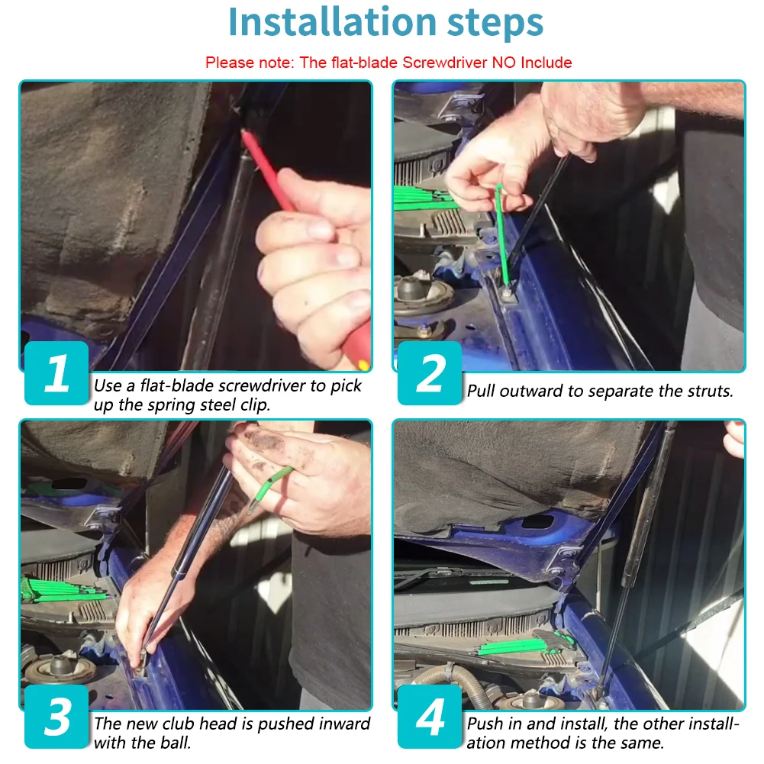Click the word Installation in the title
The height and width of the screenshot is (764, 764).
pos(332,22)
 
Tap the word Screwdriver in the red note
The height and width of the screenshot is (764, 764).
pos(445,63)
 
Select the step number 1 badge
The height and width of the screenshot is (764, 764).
pos(56,372)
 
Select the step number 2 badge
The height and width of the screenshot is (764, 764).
pos(430,372)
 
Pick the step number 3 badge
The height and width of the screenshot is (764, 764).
pos(56,716)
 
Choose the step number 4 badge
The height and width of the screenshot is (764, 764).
pos(430,716)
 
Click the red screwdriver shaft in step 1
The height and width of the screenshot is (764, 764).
pos(266,169)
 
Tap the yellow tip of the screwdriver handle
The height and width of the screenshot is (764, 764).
pos(363,365)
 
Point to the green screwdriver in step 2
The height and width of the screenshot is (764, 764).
pos(502,234)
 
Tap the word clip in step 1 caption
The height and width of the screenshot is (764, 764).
pos(255,405)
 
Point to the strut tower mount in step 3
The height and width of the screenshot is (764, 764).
pos(60,669)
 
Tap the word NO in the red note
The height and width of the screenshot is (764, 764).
pos(504,63)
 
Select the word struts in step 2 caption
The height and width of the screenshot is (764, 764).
pos(710,391)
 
